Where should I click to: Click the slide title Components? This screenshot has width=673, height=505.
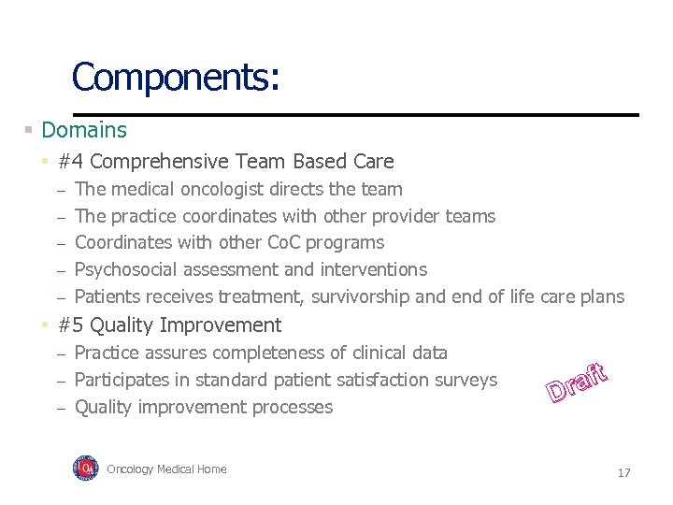(x=175, y=77)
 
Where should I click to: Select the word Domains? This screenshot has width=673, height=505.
(x=84, y=130)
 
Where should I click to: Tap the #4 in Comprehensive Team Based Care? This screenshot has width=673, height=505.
(x=71, y=162)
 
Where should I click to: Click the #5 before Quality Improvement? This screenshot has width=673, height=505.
(x=71, y=325)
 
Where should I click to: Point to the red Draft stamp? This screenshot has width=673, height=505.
(x=578, y=381)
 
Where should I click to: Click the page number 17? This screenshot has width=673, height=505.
(x=623, y=473)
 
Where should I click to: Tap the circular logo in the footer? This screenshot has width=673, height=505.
(x=85, y=469)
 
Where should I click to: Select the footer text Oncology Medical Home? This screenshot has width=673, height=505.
(x=166, y=469)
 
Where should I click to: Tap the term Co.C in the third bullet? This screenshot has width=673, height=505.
(x=290, y=242)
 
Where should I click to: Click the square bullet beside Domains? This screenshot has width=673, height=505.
(x=29, y=130)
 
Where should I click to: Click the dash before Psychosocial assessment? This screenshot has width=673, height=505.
(x=60, y=270)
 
